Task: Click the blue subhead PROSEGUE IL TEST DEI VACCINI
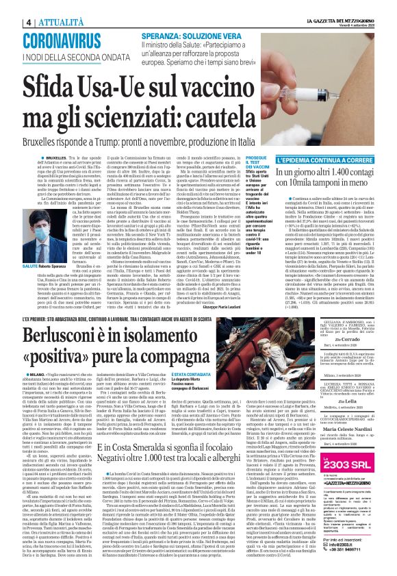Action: (257, 161)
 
